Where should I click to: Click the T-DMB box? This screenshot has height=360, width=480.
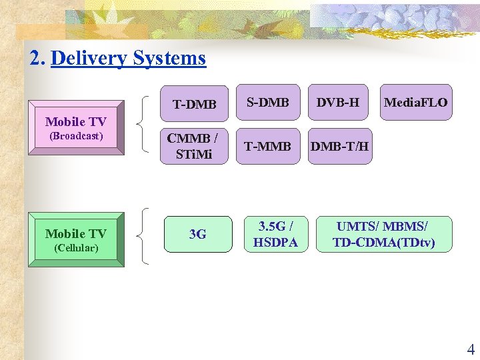point(195,104)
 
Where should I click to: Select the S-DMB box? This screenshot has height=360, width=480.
point(268,102)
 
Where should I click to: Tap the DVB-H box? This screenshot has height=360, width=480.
point(338,102)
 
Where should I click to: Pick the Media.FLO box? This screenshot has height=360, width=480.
point(415,103)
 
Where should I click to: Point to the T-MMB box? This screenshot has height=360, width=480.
point(268,146)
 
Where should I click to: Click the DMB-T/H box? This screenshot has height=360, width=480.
point(340,146)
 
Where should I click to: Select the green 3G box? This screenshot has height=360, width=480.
point(197,234)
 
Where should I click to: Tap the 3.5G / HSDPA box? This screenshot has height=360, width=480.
point(275,234)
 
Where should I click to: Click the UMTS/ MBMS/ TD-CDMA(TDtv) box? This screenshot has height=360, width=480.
point(384,234)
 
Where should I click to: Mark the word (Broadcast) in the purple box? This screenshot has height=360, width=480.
point(76,136)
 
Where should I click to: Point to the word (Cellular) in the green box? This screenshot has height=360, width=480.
point(75,248)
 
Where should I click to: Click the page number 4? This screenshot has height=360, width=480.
point(471,349)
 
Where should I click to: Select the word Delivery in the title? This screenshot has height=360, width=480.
point(89,59)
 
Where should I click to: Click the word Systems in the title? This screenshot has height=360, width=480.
point(169,59)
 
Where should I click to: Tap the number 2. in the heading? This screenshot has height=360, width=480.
point(37,59)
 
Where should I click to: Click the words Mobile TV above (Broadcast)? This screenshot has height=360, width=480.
point(75,121)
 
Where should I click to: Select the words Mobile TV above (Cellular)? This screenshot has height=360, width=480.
point(75,233)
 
